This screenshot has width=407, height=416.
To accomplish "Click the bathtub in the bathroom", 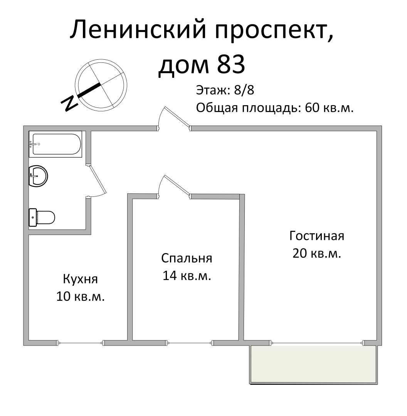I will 56,144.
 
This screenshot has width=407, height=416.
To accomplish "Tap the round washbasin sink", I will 38,176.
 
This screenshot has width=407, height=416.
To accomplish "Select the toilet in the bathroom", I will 42,217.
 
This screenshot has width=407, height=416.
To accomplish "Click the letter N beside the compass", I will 70,103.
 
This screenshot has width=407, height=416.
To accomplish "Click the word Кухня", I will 81,279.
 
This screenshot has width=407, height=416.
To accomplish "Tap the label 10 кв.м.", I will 81,297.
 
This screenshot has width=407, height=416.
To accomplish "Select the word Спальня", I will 187,258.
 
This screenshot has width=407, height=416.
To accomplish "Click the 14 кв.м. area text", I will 187,276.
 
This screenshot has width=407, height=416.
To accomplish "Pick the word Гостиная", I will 317,236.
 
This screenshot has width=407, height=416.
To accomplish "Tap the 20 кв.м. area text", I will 317,254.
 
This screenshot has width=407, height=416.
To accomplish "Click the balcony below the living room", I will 313,364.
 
